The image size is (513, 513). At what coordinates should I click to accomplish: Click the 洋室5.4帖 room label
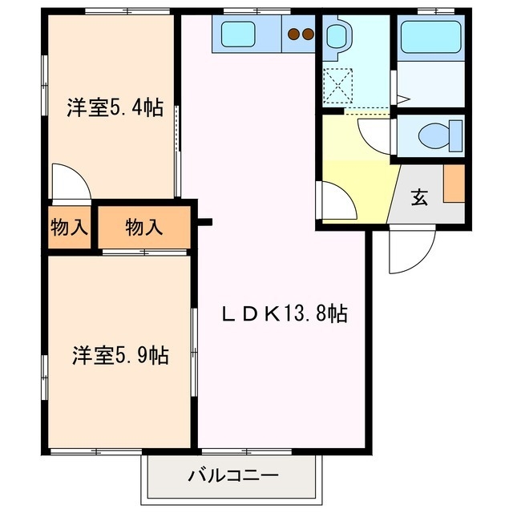click(114, 107)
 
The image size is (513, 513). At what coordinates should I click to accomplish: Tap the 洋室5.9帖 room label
click(120, 355)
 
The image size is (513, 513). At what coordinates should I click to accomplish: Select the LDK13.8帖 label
click(284, 313)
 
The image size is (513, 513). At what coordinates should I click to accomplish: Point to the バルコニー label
click(233, 476)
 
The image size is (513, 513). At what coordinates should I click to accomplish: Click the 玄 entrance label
click(418, 198)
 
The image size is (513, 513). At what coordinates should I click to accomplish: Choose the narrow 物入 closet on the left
click(68, 228)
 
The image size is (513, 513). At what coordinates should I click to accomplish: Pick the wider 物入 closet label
click(144, 228)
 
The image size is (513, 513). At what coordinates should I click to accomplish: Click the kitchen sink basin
click(238, 34)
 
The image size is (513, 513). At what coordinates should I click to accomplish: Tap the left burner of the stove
click(293, 34)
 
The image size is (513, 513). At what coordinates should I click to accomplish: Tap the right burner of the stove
click(307, 34)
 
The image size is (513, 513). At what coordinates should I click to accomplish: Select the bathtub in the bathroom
click(431, 37)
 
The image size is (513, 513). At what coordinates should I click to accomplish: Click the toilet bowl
click(441, 134)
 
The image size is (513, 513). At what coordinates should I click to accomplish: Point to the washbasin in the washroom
click(336, 36)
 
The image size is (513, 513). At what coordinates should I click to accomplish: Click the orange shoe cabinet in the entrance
click(454, 183)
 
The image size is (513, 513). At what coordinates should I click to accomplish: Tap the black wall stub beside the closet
click(205, 221)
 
